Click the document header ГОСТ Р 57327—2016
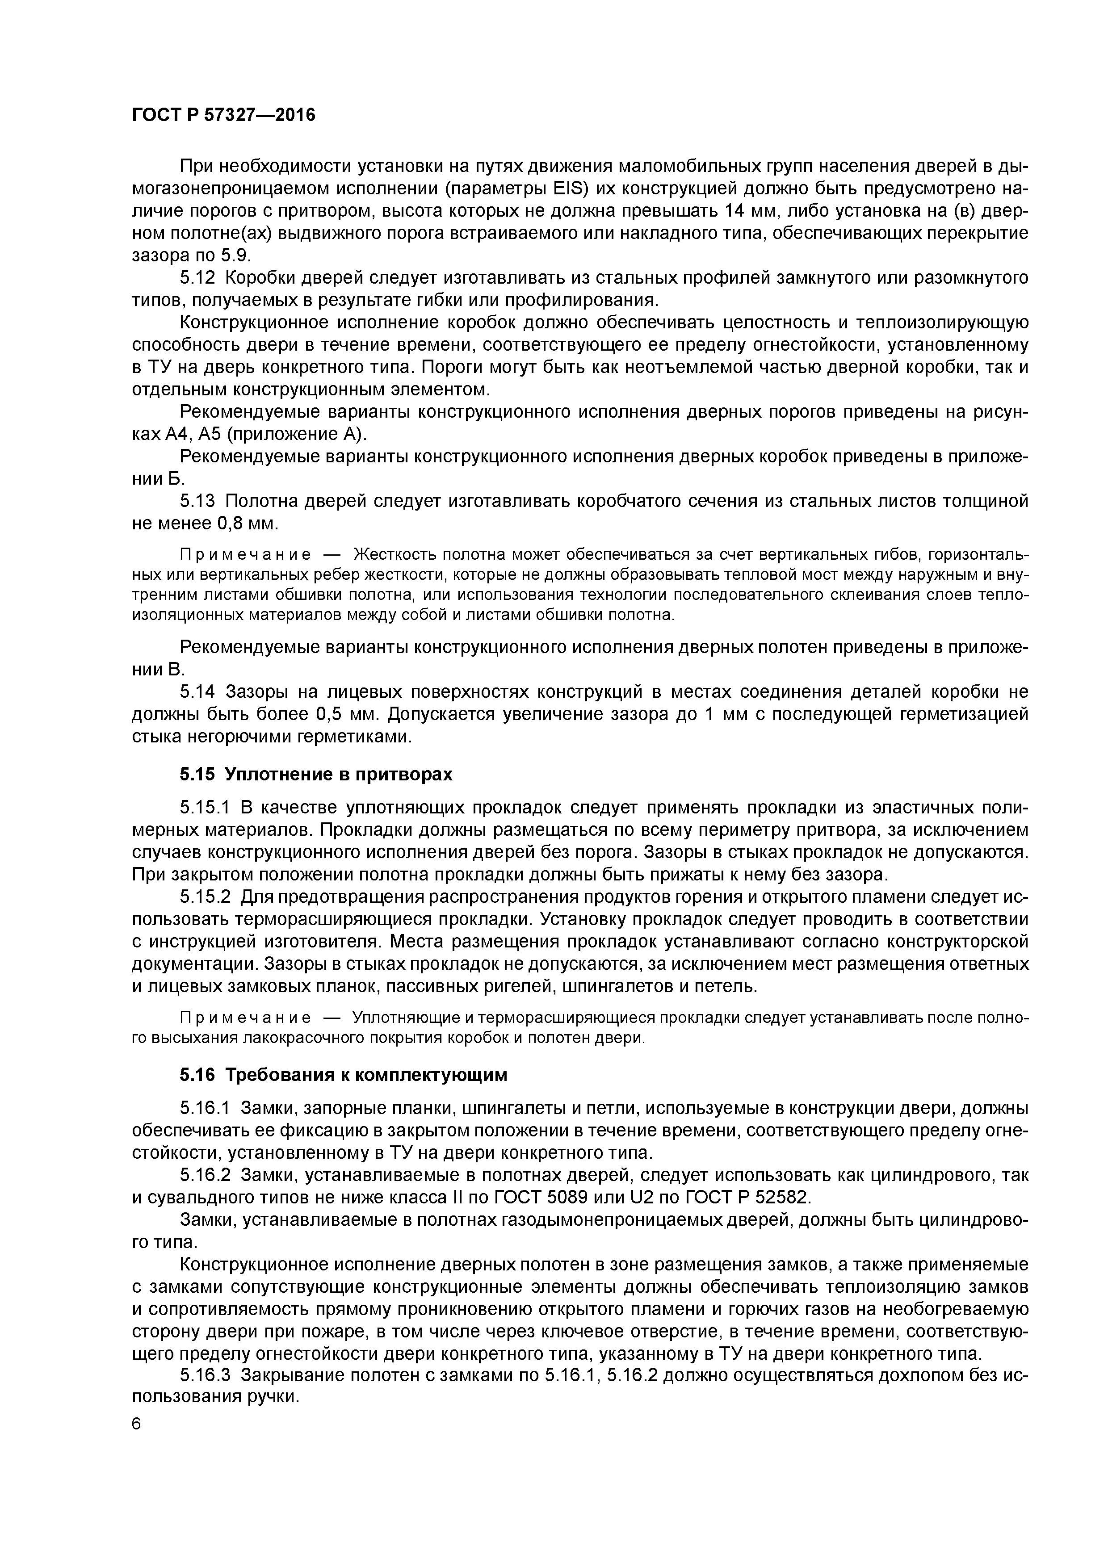tap(223, 115)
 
